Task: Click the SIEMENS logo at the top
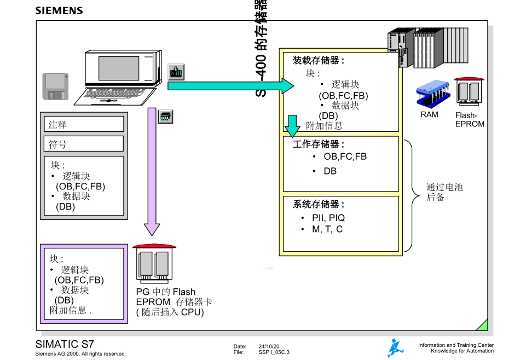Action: [59, 10]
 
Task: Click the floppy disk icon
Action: [55, 87]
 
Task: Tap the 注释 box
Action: [84, 124]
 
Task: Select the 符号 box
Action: [84, 144]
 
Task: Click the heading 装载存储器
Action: [319, 60]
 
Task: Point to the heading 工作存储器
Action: [319, 144]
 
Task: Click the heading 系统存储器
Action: [319, 204]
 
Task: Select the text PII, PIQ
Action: [328, 218]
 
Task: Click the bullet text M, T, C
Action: [327, 229]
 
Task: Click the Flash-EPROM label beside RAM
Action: [470, 120]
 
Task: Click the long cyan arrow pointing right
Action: [230, 85]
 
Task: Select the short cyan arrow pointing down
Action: [293, 126]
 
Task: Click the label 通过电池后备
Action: [444, 192]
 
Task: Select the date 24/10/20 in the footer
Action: [269, 346]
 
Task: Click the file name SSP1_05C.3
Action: [274, 353]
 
